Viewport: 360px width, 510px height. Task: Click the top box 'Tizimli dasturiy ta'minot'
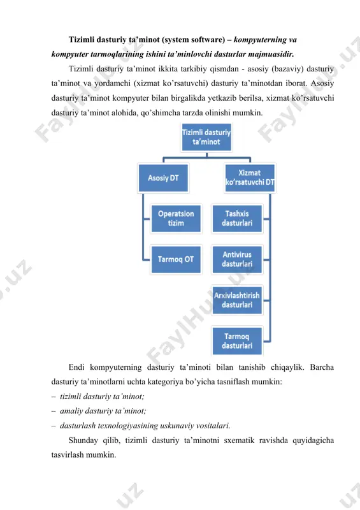(x=206, y=137)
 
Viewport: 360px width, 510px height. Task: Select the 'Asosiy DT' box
(x=163, y=178)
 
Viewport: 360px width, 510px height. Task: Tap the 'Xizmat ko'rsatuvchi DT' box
(x=250, y=178)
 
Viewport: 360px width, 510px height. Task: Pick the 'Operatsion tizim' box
(x=176, y=218)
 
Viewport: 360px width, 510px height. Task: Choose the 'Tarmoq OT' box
(x=176, y=259)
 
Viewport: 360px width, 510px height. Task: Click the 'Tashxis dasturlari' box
(x=237, y=218)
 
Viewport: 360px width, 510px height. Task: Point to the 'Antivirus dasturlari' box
(x=237, y=259)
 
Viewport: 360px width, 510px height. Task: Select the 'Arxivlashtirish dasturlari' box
(x=237, y=300)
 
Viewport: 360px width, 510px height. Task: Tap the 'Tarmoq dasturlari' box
(x=237, y=341)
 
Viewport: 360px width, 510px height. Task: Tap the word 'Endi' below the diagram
(x=76, y=367)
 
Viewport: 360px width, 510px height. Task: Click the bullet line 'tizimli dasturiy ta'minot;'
(x=102, y=397)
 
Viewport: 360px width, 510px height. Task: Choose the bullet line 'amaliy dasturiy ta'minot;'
(x=103, y=411)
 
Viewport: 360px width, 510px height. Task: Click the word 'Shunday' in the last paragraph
(x=83, y=441)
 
